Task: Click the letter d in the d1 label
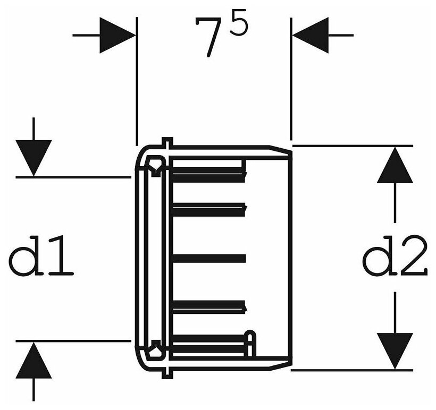coord(27,257)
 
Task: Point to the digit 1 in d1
coord(61,258)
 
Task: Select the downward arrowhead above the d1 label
coord(33,158)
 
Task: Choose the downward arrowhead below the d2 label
coord(395,351)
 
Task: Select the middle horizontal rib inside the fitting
coord(209,258)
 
